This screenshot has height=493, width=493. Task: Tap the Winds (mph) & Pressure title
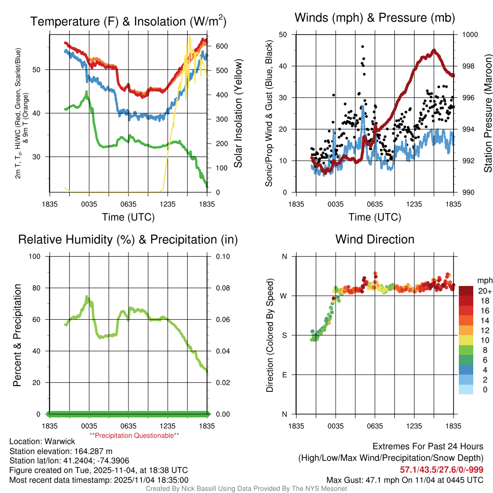coord(375,18)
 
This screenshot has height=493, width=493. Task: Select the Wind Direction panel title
coord(375,239)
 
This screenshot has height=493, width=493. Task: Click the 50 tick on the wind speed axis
coord(283,35)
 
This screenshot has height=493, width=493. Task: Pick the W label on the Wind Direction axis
coord(284,296)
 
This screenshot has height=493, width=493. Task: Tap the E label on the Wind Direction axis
coord(284,375)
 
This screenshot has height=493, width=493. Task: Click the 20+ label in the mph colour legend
coord(484,291)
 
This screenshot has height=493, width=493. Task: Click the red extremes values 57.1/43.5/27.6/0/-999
coord(441,469)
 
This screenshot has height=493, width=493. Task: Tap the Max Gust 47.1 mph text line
coord(404,480)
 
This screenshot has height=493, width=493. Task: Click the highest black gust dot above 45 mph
coord(363,47)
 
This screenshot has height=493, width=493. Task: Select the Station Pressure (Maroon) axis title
coord(487,113)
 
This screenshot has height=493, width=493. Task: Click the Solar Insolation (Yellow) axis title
coord(238,113)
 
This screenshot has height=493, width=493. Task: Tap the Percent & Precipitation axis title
coord(17,335)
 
